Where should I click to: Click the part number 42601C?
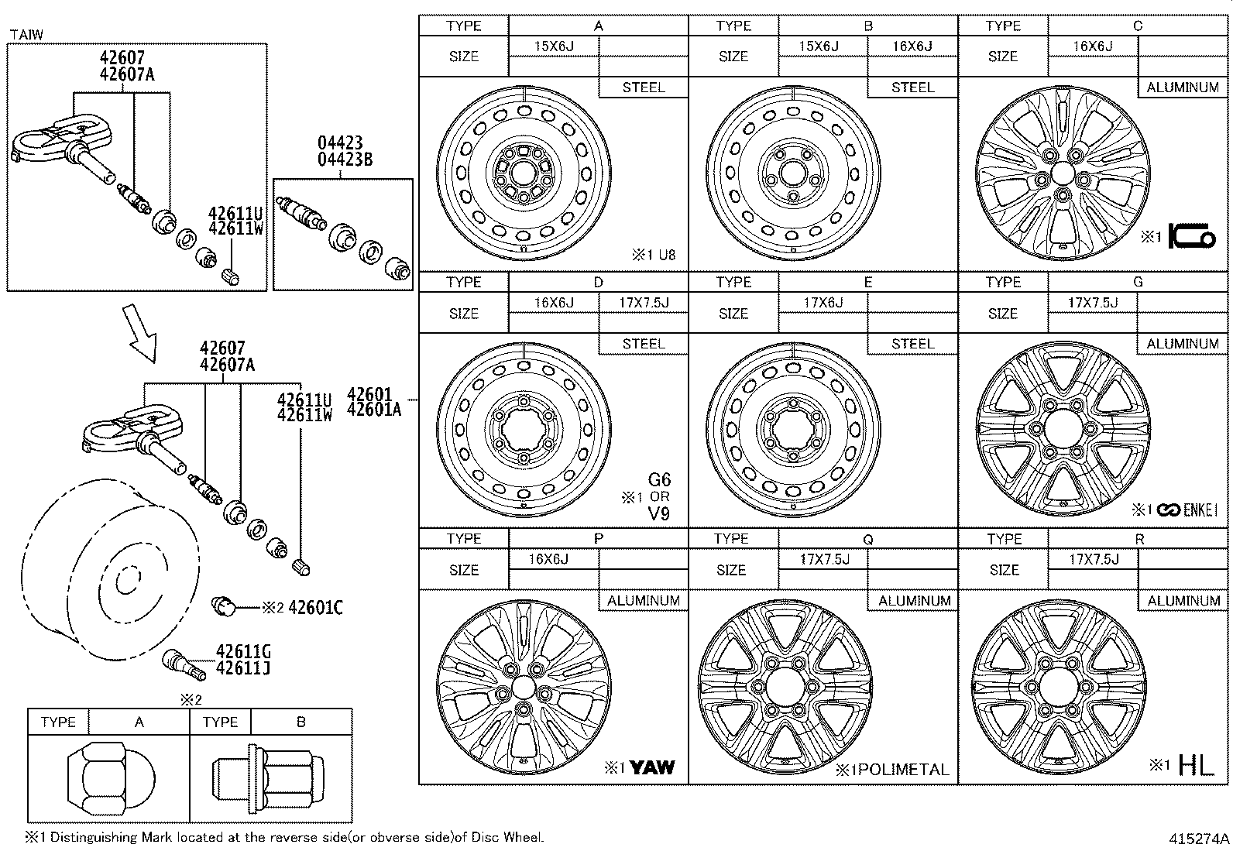click(x=315, y=608)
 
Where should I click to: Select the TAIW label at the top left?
click(x=26, y=34)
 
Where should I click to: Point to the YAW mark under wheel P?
click(x=651, y=767)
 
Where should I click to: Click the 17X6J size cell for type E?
click(x=823, y=303)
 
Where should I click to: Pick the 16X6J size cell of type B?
click(x=912, y=46)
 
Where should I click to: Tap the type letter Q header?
click(x=867, y=539)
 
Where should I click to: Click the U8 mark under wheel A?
click(x=667, y=255)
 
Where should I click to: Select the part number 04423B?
click(x=345, y=160)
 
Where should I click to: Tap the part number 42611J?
click(x=243, y=668)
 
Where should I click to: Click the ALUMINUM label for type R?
click(x=1183, y=600)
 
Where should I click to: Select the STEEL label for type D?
click(x=643, y=344)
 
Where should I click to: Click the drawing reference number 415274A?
click(x=1199, y=839)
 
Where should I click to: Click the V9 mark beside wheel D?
click(x=658, y=513)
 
